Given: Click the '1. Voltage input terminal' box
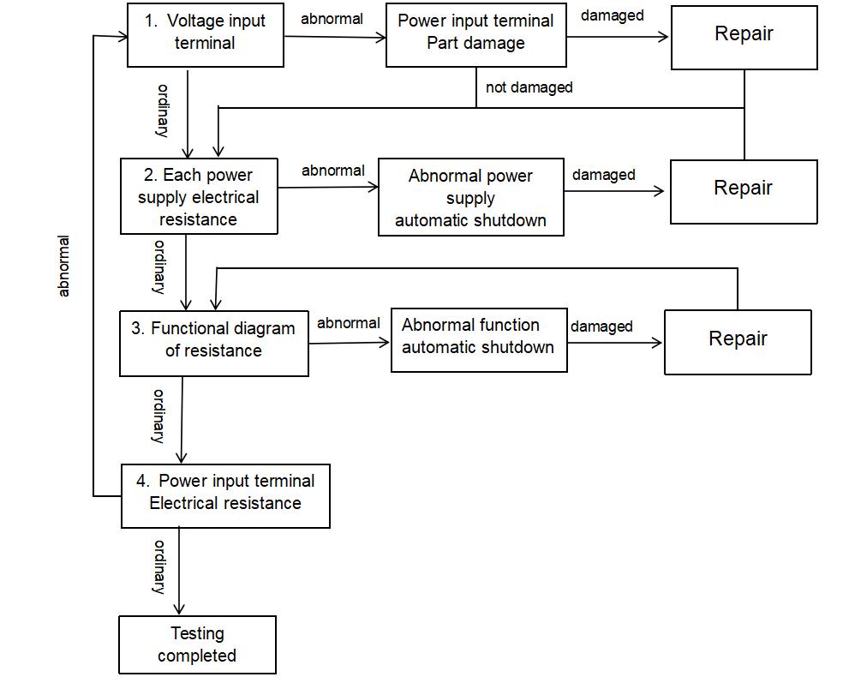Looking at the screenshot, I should (x=205, y=35).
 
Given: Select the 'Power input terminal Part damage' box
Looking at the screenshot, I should (x=475, y=35).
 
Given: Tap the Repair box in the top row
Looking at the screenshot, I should (x=744, y=35).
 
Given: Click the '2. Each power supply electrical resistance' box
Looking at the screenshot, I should (x=199, y=196).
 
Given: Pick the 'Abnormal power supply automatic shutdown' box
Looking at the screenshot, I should (x=470, y=197).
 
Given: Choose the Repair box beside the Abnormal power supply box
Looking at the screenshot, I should (x=744, y=191).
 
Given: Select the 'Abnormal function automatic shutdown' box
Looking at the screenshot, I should (x=478, y=339).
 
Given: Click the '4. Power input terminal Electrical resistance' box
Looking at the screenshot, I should (x=224, y=495).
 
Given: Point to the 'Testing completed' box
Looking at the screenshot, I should (x=197, y=644).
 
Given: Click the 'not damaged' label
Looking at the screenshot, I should (x=529, y=87).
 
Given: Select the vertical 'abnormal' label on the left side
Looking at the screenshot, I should (x=63, y=266).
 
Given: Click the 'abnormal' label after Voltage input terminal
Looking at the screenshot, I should (x=332, y=18).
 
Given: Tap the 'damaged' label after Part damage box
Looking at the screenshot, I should (x=612, y=16).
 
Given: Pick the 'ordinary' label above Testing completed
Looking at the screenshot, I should (x=159, y=566).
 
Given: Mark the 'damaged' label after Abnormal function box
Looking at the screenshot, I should (x=601, y=326).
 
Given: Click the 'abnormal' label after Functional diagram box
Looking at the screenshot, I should (x=348, y=323).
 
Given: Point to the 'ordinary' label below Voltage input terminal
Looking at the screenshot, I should (x=161, y=110).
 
